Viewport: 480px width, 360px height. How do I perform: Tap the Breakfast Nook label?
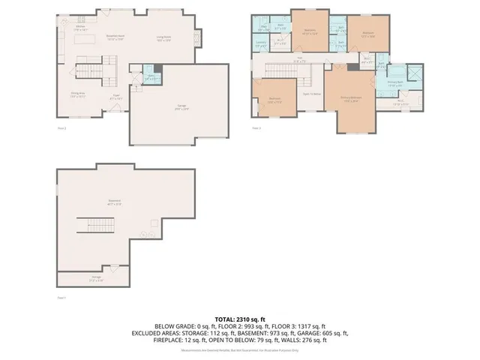(115, 37)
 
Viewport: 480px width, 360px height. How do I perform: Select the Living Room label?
(163, 37)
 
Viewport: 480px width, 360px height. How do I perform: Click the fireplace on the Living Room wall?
(198, 37)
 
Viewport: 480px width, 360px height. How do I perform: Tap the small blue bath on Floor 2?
(150, 76)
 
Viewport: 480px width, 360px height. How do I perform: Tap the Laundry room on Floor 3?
(261, 43)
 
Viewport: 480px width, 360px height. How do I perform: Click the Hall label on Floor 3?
(298, 61)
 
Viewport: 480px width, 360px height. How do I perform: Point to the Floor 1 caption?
(62, 298)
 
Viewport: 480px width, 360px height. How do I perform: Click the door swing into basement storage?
(114, 268)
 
